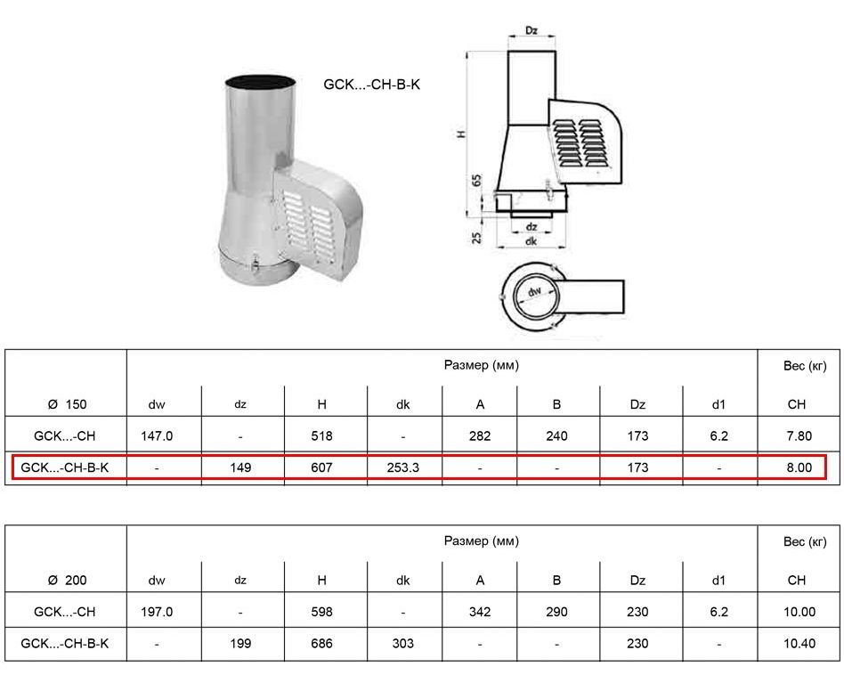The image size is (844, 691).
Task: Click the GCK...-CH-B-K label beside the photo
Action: [x=371, y=85]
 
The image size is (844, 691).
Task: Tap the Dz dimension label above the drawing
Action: [x=532, y=30]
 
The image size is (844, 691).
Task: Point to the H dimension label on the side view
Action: [x=461, y=134]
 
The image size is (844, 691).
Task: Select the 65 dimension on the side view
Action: [x=477, y=180]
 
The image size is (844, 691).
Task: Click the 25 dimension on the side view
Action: [x=477, y=238]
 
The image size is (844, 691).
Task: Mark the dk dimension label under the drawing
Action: [x=532, y=241]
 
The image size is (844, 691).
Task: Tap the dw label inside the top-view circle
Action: [x=534, y=292]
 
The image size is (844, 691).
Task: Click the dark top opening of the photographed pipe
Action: [x=260, y=82]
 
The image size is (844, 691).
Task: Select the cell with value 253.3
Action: [x=402, y=467]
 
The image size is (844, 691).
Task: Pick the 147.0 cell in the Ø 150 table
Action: [x=157, y=436]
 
